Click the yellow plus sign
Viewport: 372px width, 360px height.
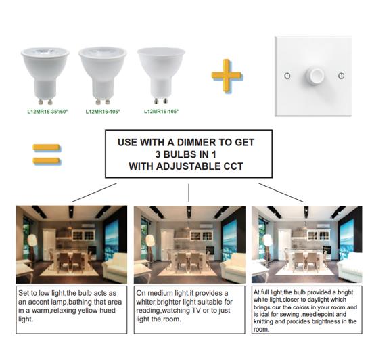coord(227,76)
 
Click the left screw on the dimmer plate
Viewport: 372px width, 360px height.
coord(287,76)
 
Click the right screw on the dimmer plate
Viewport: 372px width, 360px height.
coord(341,76)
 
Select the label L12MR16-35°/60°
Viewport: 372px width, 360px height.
coord(47,111)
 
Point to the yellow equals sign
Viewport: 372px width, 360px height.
coord(46,154)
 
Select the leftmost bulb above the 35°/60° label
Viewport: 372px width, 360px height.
coord(45,76)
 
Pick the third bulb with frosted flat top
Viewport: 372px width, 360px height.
coord(161,76)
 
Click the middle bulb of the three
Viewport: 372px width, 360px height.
coord(103,76)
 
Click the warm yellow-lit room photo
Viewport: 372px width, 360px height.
coord(72,244)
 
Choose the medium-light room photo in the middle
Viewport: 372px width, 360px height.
coord(189,244)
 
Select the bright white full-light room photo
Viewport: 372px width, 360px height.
coord(307,244)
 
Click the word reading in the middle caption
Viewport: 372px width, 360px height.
coord(145,311)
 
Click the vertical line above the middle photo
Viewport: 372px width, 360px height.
coord(189,193)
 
